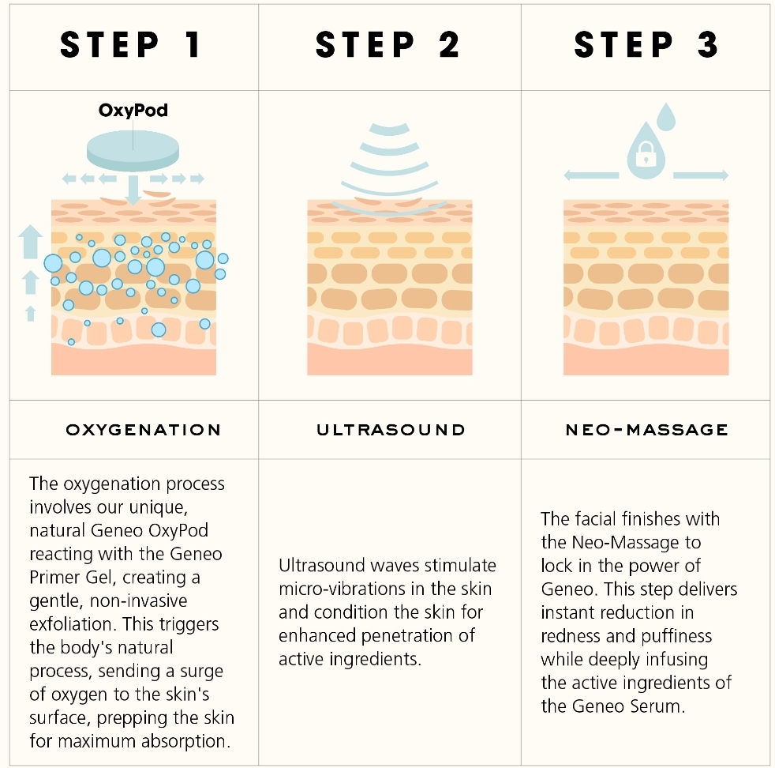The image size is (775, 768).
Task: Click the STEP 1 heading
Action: click(x=130, y=44)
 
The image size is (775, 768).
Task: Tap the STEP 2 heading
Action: click(x=388, y=44)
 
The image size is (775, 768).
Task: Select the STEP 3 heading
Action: click(x=646, y=44)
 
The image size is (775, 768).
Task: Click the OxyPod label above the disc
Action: click(x=133, y=110)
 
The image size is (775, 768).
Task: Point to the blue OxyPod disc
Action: click(x=133, y=150)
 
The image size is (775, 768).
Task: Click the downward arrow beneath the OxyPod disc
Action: click(x=133, y=190)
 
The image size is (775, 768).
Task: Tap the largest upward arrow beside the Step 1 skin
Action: click(x=30, y=241)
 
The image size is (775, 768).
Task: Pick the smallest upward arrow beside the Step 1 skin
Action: click(x=31, y=314)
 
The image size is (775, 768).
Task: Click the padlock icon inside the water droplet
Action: click(x=646, y=154)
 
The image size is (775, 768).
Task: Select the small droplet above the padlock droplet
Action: click(x=666, y=117)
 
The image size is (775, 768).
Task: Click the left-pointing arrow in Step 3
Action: click(x=591, y=175)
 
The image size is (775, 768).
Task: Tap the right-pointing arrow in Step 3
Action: click(x=701, y=175)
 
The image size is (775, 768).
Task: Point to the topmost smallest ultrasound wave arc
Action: click(x=390, y=130)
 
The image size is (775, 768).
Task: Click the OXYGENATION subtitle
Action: click(x=144, y=430)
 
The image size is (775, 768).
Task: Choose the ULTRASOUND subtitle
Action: click(x=391, y=430)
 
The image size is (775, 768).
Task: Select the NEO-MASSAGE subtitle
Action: click(x=646, y=430)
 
